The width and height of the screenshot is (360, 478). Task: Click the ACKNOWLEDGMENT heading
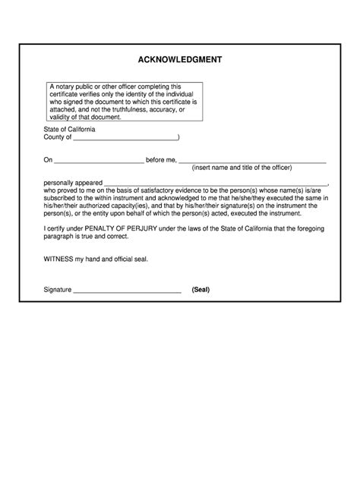[x=180, y=60]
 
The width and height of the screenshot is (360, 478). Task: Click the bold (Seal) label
[x=201, y=290]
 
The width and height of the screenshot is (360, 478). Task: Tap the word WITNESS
[x=59, y=259]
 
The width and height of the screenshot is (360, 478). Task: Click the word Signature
[x=58, y=290]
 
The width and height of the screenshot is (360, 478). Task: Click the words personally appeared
[x=72, y=183]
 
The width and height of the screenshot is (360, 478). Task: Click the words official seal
[x=131, y=259]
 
